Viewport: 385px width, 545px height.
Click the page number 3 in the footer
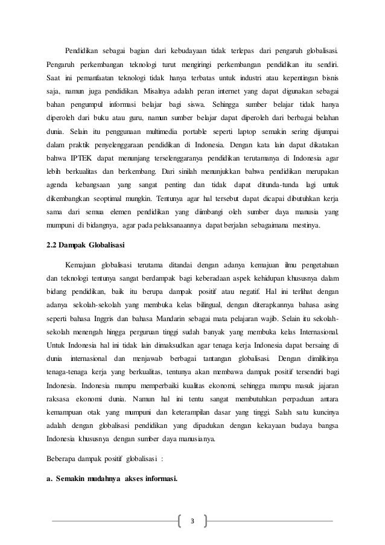(x=192, y=521)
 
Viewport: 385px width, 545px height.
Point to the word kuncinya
(x=323, y=414)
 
